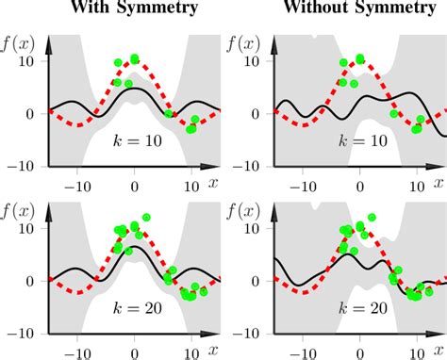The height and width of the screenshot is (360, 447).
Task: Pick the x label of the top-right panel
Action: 438,179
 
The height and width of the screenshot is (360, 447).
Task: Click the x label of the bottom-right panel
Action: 438,347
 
